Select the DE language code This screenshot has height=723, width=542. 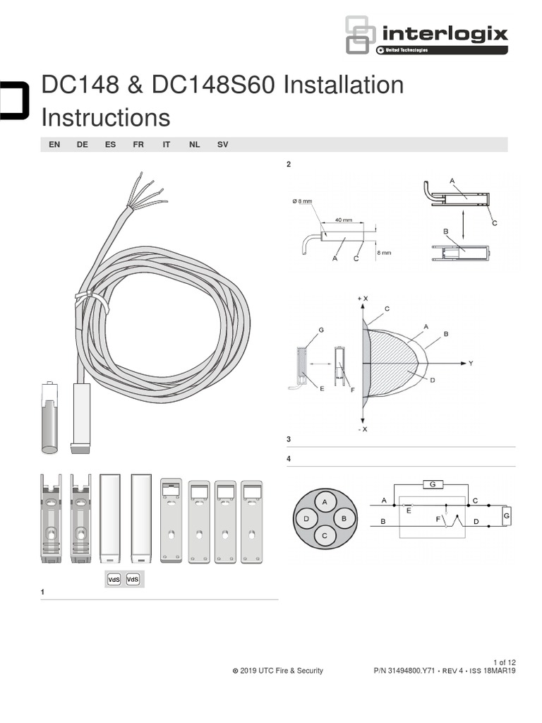click(x=83, y=144)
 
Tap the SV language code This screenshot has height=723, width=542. click(x=223, y=144)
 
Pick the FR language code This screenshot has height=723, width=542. click(x=138, y=144)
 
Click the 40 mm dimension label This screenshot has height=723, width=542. click(x=343, y=220)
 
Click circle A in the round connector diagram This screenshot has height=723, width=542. click(x=325, y=501)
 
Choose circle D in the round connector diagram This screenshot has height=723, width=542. click(x=306, y=519)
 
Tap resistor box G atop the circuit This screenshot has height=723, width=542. click(x=431, y=484)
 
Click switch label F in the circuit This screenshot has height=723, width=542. click(x=439, y=520)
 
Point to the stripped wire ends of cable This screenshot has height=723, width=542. click(x=147, y=193)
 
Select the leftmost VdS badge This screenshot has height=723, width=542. click(x=113, y=579)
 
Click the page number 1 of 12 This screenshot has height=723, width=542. click(x=502, y=662)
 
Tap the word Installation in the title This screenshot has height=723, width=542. click(x=344, y=85)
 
